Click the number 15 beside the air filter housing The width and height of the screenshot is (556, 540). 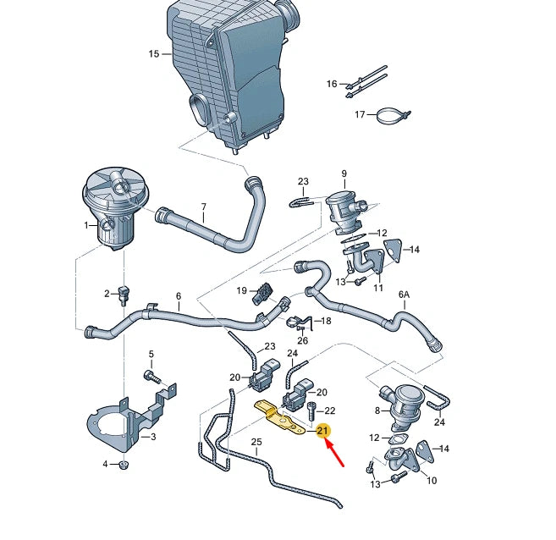[153, 54]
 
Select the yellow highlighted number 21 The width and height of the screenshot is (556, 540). [322, 432]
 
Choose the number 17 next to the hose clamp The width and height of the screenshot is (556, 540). [360, 114]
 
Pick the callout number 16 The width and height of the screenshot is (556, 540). [332, 84]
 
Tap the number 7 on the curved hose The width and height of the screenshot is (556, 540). [203, 207]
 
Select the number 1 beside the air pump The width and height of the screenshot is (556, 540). [85, 225]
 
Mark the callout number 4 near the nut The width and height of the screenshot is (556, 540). [105, 464]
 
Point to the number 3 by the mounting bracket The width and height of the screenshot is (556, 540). [152, 437]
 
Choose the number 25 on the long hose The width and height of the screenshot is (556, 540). [256, 442]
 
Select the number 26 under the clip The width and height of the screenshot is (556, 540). [302, 340]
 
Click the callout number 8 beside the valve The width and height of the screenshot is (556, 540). [377, 411]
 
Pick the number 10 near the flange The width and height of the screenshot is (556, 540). [431, 481]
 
